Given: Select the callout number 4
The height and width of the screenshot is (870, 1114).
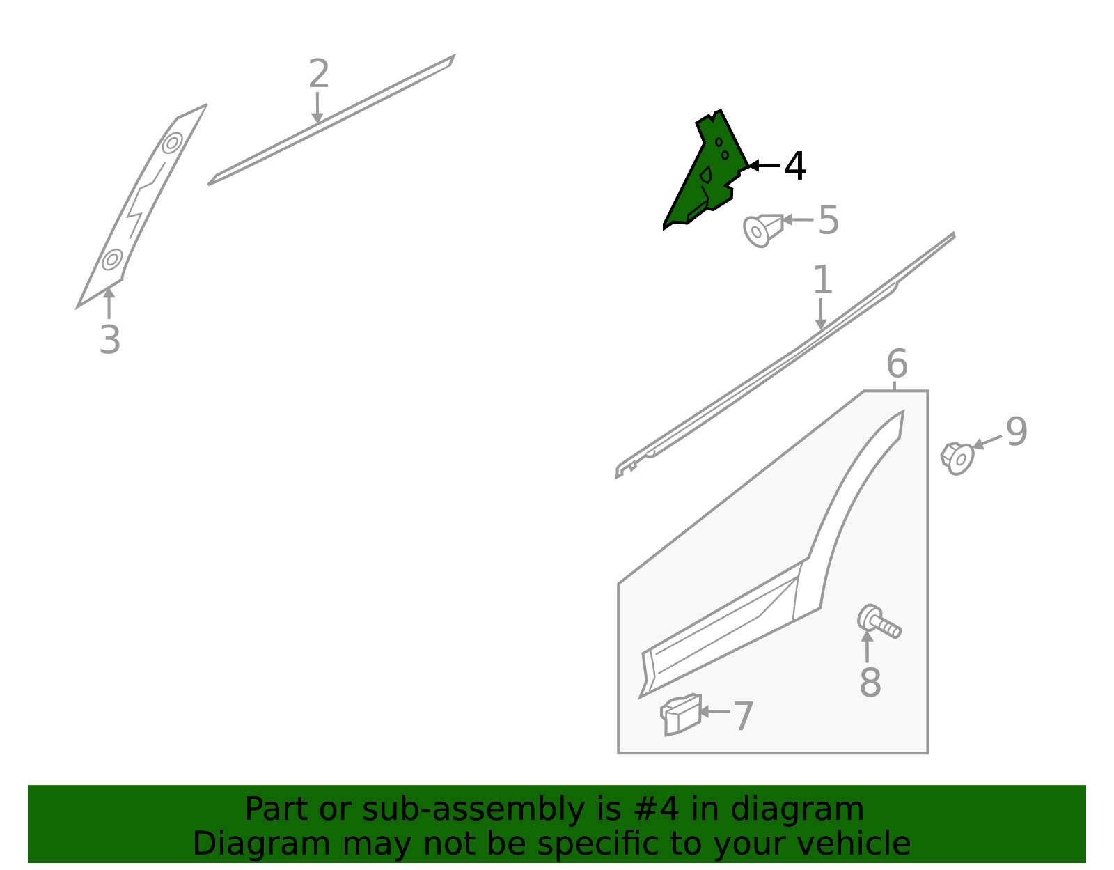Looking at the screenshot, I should tap(795, 166).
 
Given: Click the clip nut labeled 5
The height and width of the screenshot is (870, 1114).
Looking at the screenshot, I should tap(762, 229).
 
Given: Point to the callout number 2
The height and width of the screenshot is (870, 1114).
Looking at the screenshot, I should tap(318, 74).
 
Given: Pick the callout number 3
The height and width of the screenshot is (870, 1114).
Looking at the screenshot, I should tap(109, 340).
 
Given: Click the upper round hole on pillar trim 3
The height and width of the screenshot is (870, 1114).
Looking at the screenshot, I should tap(172, 143).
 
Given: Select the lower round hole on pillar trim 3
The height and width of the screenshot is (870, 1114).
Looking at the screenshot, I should tap(111, 259).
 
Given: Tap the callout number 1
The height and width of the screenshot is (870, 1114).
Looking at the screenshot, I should tap(822, 280).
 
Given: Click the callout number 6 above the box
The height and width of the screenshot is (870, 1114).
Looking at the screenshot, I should tap(897, 364).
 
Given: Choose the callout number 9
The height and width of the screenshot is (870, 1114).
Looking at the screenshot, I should tap(1017, 432).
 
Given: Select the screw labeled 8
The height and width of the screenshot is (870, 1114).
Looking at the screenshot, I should tap(879, 621).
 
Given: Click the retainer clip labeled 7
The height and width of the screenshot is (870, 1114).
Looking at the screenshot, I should tap(681, 715).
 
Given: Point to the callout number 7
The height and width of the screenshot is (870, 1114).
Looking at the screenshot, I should tap(743, 717).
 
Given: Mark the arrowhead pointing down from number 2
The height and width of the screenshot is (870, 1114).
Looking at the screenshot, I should tap(317, 119).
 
